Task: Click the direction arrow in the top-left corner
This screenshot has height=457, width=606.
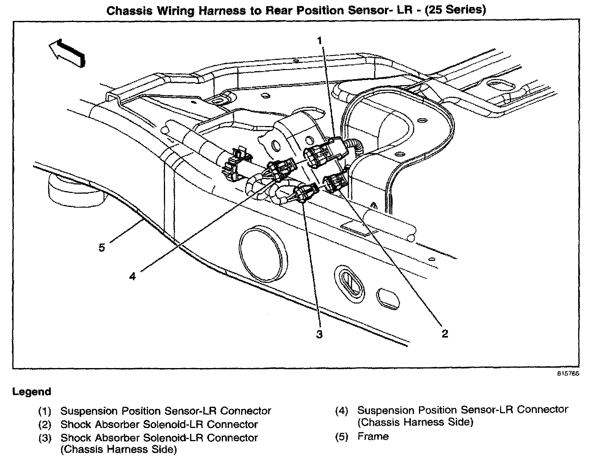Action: coord(66,53)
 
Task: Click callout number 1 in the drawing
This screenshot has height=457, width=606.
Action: coord(320,40)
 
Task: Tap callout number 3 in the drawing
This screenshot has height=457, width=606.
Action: coord(319,334)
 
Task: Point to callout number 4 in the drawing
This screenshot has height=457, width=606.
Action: coord(133,276)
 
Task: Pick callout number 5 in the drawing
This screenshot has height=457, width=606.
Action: coord(102,247)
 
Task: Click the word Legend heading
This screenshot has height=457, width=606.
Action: coord(32,392)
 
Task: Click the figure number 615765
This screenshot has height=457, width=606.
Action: coord(568,374)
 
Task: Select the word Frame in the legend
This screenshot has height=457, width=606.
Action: coord(373,437)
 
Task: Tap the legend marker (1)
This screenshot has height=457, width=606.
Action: coord(45,411)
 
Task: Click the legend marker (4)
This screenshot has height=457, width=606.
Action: coord(342,410)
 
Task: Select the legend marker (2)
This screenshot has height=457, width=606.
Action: coord(45,425)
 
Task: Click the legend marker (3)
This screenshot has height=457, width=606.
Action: coord(45,438)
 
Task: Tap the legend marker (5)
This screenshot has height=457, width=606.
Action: coord(342,437)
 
